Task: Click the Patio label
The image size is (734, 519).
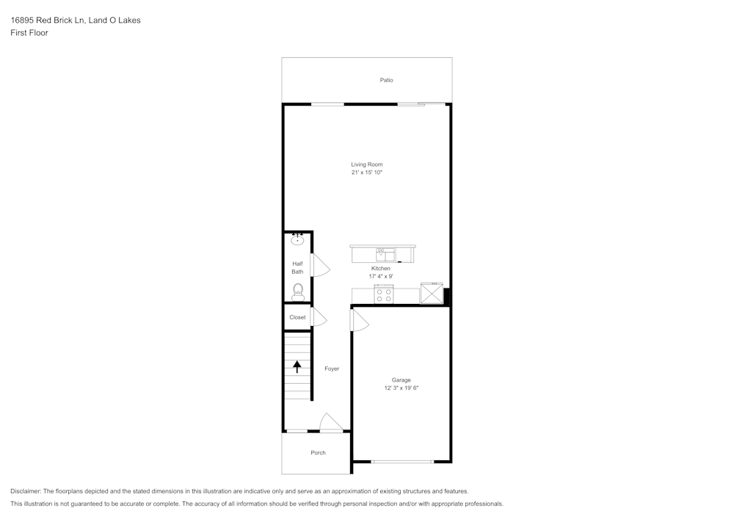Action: coord(386,80)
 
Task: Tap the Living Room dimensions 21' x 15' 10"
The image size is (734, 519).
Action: coord(367,173)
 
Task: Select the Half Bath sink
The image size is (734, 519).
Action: coord(297,239)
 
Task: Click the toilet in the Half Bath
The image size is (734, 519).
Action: coord(298,292)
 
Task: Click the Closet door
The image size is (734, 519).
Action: coord(319,317)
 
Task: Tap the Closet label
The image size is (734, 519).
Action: coord(297,317)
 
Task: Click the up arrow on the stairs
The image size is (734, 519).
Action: coord(297,366)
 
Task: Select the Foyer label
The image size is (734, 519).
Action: coord(332,369)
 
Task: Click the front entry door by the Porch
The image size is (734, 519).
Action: coord(332,423)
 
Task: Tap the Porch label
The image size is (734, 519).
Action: coord(318,452)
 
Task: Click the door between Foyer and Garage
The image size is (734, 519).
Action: coord(360,321)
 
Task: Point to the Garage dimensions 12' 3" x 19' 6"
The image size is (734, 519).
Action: coord(401,388)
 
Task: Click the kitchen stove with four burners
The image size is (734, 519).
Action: coord(383,295)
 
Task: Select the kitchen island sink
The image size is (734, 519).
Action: coord(385,255)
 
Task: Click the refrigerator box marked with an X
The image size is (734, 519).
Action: coord(432,294)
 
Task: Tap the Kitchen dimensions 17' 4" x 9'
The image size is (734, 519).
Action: coord(380,277)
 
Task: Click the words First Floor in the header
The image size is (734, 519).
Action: coord(29,33)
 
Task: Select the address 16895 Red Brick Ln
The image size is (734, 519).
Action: coord(47,20)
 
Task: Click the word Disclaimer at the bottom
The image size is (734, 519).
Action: coord(26,491)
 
